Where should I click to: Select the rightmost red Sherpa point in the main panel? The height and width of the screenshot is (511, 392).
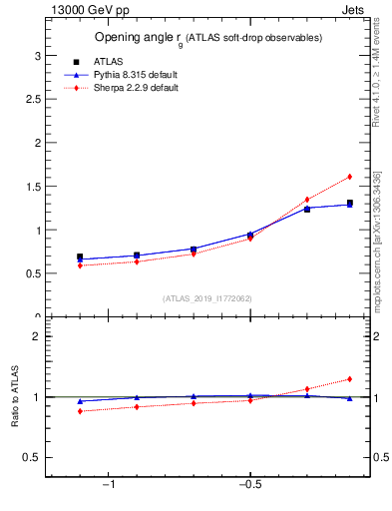tap(349, 177)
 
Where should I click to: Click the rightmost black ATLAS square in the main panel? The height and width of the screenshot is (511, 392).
tap(349, 204)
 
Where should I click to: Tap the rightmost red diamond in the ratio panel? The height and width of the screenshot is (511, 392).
tap(349, 379)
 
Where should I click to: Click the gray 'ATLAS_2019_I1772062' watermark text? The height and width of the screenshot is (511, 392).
tap(206, 298)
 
